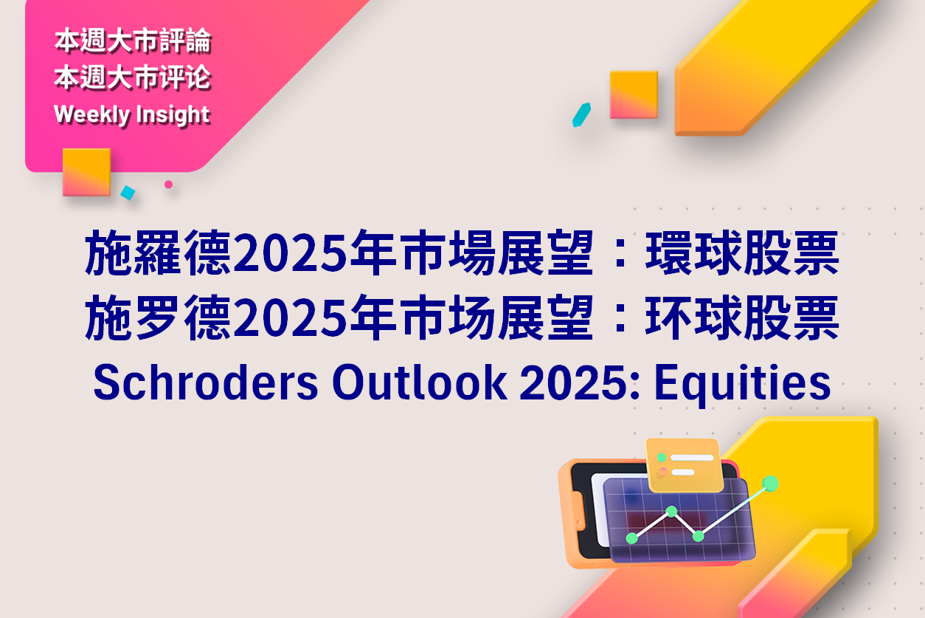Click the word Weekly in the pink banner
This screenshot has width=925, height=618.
pyautogui.click(x=91, y=114)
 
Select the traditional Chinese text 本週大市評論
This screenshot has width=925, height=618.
pyautogui.click(x=133, y=41)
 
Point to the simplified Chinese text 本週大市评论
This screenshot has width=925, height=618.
pyautogui.click(x=133, y=78)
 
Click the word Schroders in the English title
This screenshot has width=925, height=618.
pyautogui.click(x=206, y=382)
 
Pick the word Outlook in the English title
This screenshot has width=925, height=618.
pyautogui.click(x=420, y=382)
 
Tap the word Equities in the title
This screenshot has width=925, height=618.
pyautogui.click(x=743, y=385)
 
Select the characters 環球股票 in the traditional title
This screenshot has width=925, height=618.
pyautogui.click(x=742, y=253)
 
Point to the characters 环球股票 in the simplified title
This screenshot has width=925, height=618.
pyautogui.click(x=742, y=317)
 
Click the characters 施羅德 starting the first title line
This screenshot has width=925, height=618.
pyautogui.click(x=157, y=253)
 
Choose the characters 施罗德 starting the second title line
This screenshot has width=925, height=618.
pyautogui.click(x=157, y=317)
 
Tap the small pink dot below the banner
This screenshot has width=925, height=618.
pyautogui.click(x=168, y=185)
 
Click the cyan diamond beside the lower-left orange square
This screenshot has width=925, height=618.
pyautogui.click(x=128, y=193)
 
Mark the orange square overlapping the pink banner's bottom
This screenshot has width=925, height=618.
pyautogui.click(x=87, y=172)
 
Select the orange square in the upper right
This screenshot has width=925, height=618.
pyautogui.click(x=634, y=95)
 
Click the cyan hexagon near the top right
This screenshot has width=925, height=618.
pyautogui.click(x=581, y=114)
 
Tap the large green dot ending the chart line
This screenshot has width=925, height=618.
pyautogui.click(x=770, y=484)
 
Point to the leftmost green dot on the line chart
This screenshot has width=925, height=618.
pyautogui.click(x=632, y=538)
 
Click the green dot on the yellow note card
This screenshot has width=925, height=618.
pyautogui.click(x=662, y=457)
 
